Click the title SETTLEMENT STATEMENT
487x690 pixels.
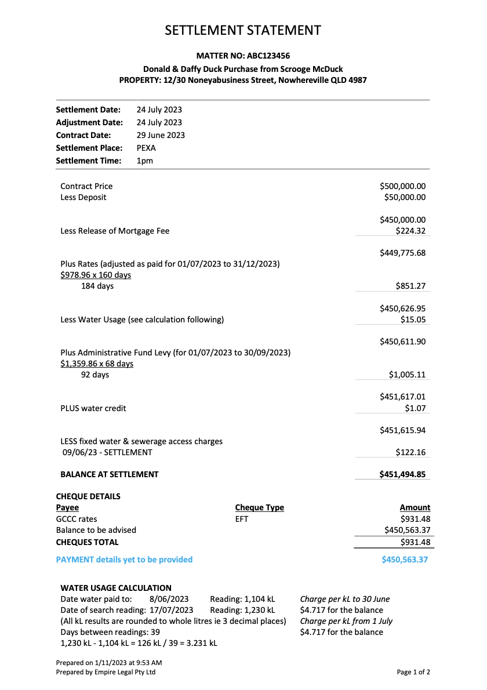pos(243,31)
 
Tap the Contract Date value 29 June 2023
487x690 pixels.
pos(161,135)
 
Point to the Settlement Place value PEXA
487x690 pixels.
pos(146,148)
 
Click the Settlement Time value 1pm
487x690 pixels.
pos(145,161)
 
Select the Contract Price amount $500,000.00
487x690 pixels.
pos(402,186)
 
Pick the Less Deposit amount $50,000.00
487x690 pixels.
pos(405,197)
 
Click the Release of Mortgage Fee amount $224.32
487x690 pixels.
pos(410,231)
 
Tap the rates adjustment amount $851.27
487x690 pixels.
pos(410,286)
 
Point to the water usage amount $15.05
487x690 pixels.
pos(413,319)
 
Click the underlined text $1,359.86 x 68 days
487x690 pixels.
pos(97,364)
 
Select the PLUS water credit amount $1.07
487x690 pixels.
pos(415,408)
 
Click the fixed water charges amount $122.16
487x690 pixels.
pos(410,452)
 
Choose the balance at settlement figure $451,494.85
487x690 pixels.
pos(402,474)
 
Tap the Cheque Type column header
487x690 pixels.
pos(259,507)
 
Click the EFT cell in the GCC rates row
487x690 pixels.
pos(242,519)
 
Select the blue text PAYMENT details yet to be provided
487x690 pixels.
pos(124,560)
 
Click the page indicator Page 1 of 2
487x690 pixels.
pos(413,672)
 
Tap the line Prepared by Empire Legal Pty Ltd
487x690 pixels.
pos(106,672)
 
